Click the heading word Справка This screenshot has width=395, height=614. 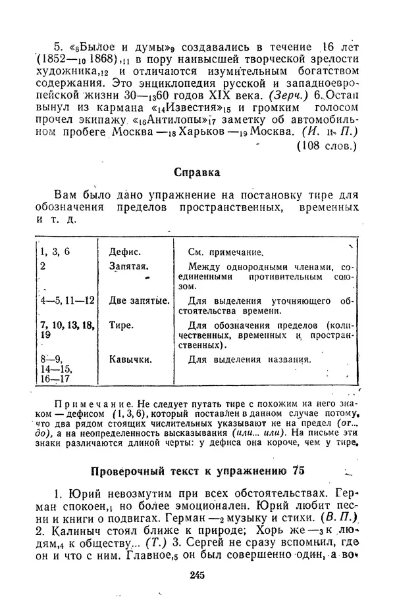click(197, 173)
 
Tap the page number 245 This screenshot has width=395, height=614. click(197, 575)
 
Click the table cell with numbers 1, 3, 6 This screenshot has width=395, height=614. click(55, 251)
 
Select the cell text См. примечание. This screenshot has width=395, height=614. click(226, 252)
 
